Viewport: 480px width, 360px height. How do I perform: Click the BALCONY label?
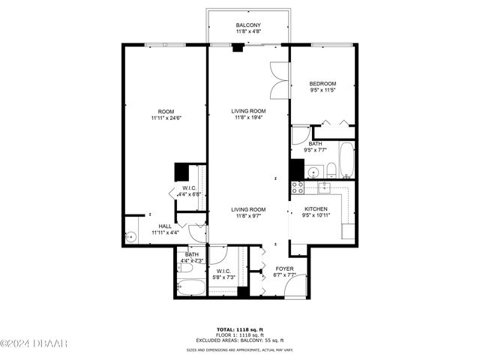click(x=247, y=25)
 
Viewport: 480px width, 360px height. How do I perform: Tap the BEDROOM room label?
click(x=323, y=83)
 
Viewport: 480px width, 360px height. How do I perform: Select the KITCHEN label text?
click(x=316, y=209)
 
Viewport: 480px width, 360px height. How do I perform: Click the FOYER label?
click(x=284, y=268)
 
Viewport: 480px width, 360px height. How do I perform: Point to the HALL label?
click(x=164, y=226)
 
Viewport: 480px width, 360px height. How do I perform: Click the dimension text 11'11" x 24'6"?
click(x=166, y=118)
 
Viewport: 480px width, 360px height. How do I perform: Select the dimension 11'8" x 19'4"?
click(x=248, y=118)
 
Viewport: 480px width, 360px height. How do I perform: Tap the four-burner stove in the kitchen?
click(x=298, y=187)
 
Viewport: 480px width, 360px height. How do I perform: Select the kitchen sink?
click(x=326, y=187)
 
